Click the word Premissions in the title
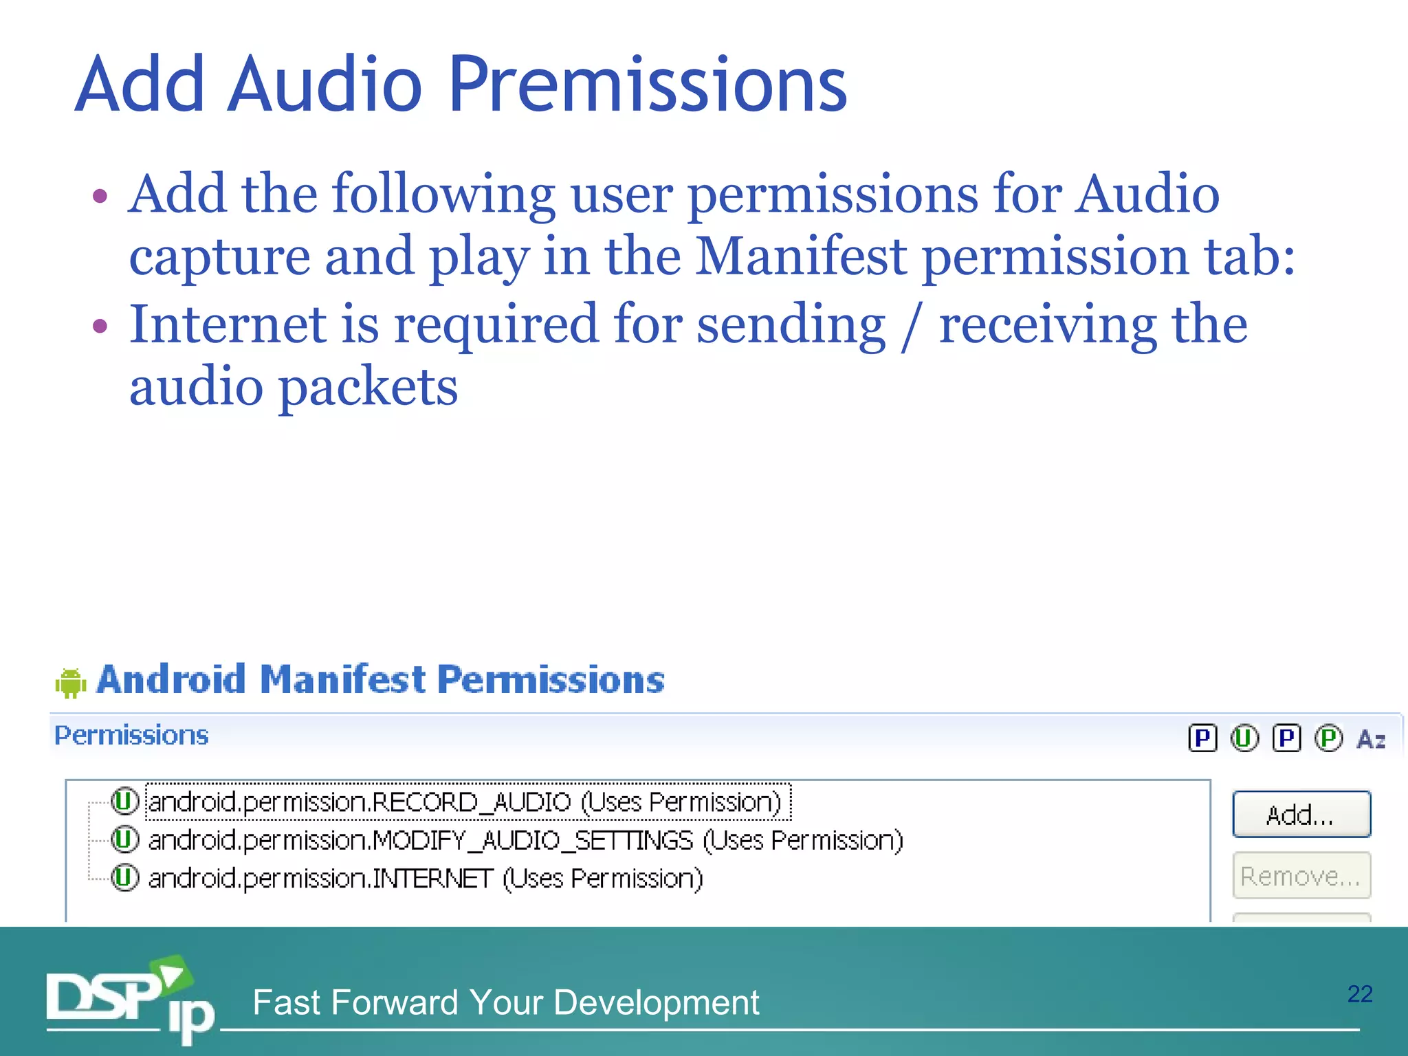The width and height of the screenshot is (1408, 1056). (x=648, y=85)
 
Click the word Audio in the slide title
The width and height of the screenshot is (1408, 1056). (x=324, y=85)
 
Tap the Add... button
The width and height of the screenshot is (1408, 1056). (x=1301, y=815)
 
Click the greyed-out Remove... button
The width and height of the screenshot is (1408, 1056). (x=1301, y=876)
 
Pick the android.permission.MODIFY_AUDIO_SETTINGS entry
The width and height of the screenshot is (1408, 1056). (x=525, y=840)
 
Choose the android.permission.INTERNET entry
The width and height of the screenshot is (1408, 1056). (x=425, y=879)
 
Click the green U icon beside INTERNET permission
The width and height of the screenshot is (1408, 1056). (x=125, y=878)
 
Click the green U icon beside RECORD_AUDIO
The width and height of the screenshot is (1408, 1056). (x=125, y=801)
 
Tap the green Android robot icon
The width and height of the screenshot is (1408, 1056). (x=70, y=683)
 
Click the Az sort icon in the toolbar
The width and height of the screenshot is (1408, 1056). (x=1371, y=739)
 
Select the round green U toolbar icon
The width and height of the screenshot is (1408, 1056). (x=1244, y=738)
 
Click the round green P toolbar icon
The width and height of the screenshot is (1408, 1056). (x=1328, y=738)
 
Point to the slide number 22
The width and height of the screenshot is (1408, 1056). (x=1360, y=994)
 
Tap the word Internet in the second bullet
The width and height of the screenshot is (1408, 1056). (x=227, y=324)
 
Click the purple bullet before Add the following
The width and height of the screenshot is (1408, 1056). (x=100, y=196)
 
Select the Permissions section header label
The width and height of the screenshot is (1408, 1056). (x=131, y=736)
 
